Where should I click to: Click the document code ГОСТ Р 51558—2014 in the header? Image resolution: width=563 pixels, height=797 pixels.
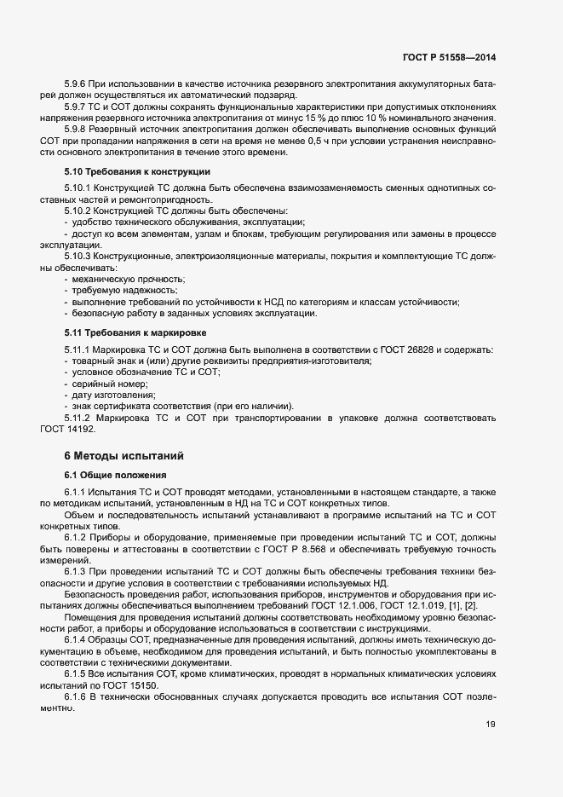pyautogui.click(x=449, y=58)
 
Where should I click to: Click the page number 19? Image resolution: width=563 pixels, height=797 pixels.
pyautogui.click(x=490, y=725)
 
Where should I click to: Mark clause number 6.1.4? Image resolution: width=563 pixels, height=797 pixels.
pyautogui.click(x=77, y=638)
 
